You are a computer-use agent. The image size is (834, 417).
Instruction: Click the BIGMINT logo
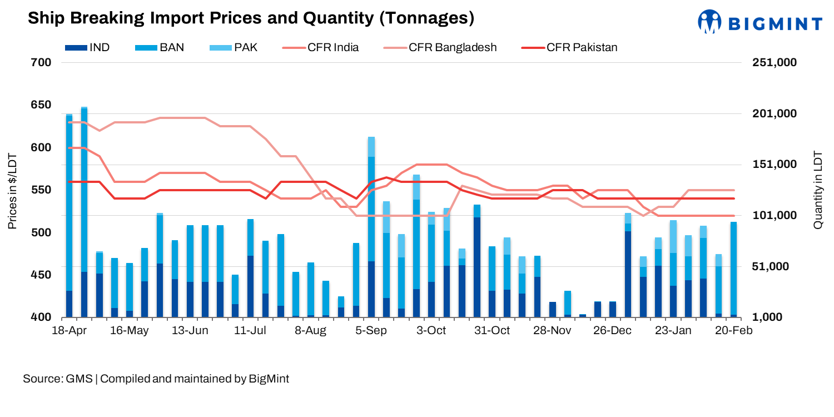760,23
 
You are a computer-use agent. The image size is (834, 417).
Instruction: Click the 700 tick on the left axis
44,63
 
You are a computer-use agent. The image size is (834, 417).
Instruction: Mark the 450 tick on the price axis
44,275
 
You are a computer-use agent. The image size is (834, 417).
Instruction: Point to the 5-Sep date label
371,330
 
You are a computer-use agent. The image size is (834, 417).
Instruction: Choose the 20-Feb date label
733,330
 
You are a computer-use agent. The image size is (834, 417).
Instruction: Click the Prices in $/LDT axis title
12,190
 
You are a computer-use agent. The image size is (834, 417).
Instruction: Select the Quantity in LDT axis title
818,190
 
